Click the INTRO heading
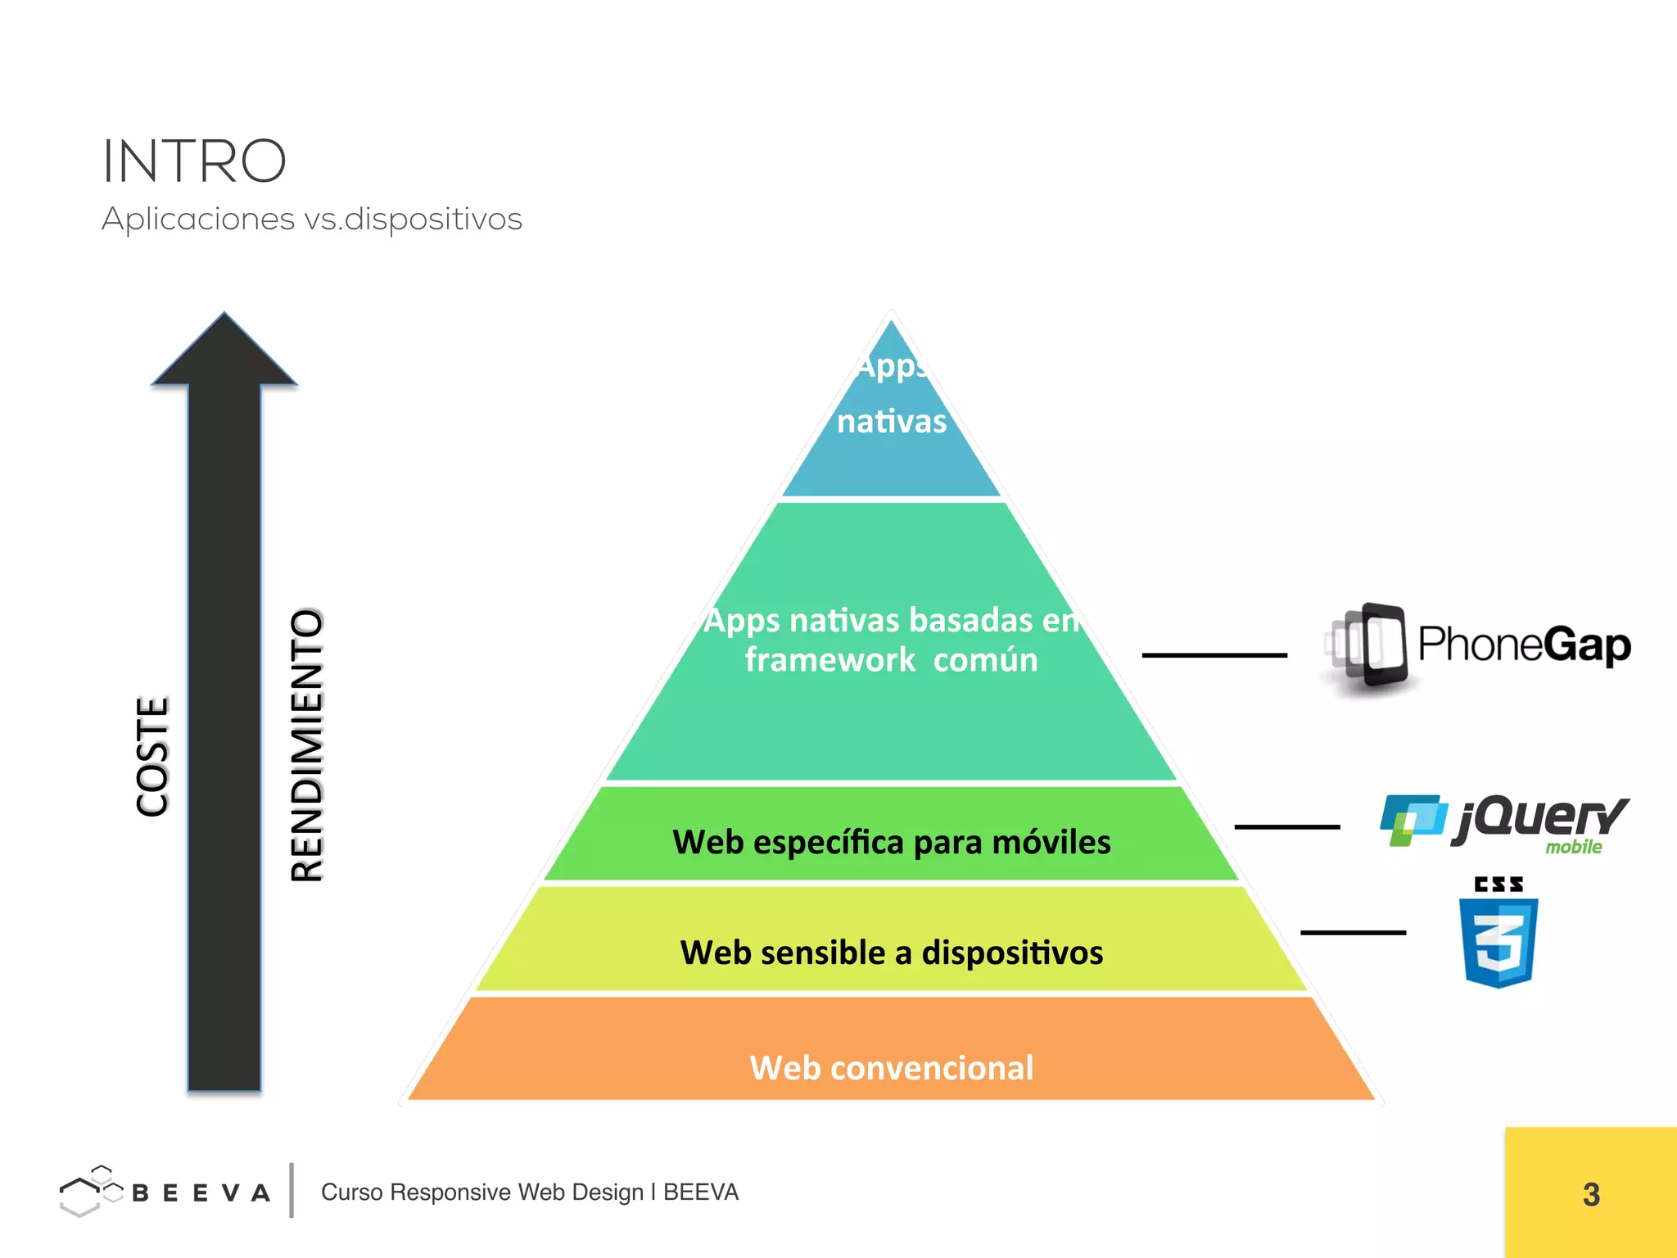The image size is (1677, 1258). (x=194, y=161)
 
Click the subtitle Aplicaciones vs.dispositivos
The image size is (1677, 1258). (x=311, y=219)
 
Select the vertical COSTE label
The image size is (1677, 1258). (x=152, y=756)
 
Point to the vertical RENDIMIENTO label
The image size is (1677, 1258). (x=308, y=745)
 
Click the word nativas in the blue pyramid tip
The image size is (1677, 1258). (x=891, y=422)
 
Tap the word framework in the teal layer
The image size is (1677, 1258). (x=829, y=660)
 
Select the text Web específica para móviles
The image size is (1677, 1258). (x=891, y=842)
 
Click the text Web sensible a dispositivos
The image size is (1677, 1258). (x=891, y=953)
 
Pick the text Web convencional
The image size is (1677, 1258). (x=891, y=1068)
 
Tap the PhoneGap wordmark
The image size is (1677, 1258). (x=1524, y=645)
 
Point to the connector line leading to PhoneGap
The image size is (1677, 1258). (x=1214, y=655)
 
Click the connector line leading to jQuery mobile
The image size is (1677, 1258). (x=1286, y=827)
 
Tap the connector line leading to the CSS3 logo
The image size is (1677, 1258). (x=1353, y=932)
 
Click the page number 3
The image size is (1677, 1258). (x=1591, y=1194)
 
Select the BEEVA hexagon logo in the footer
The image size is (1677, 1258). (x=89, y=1192)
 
